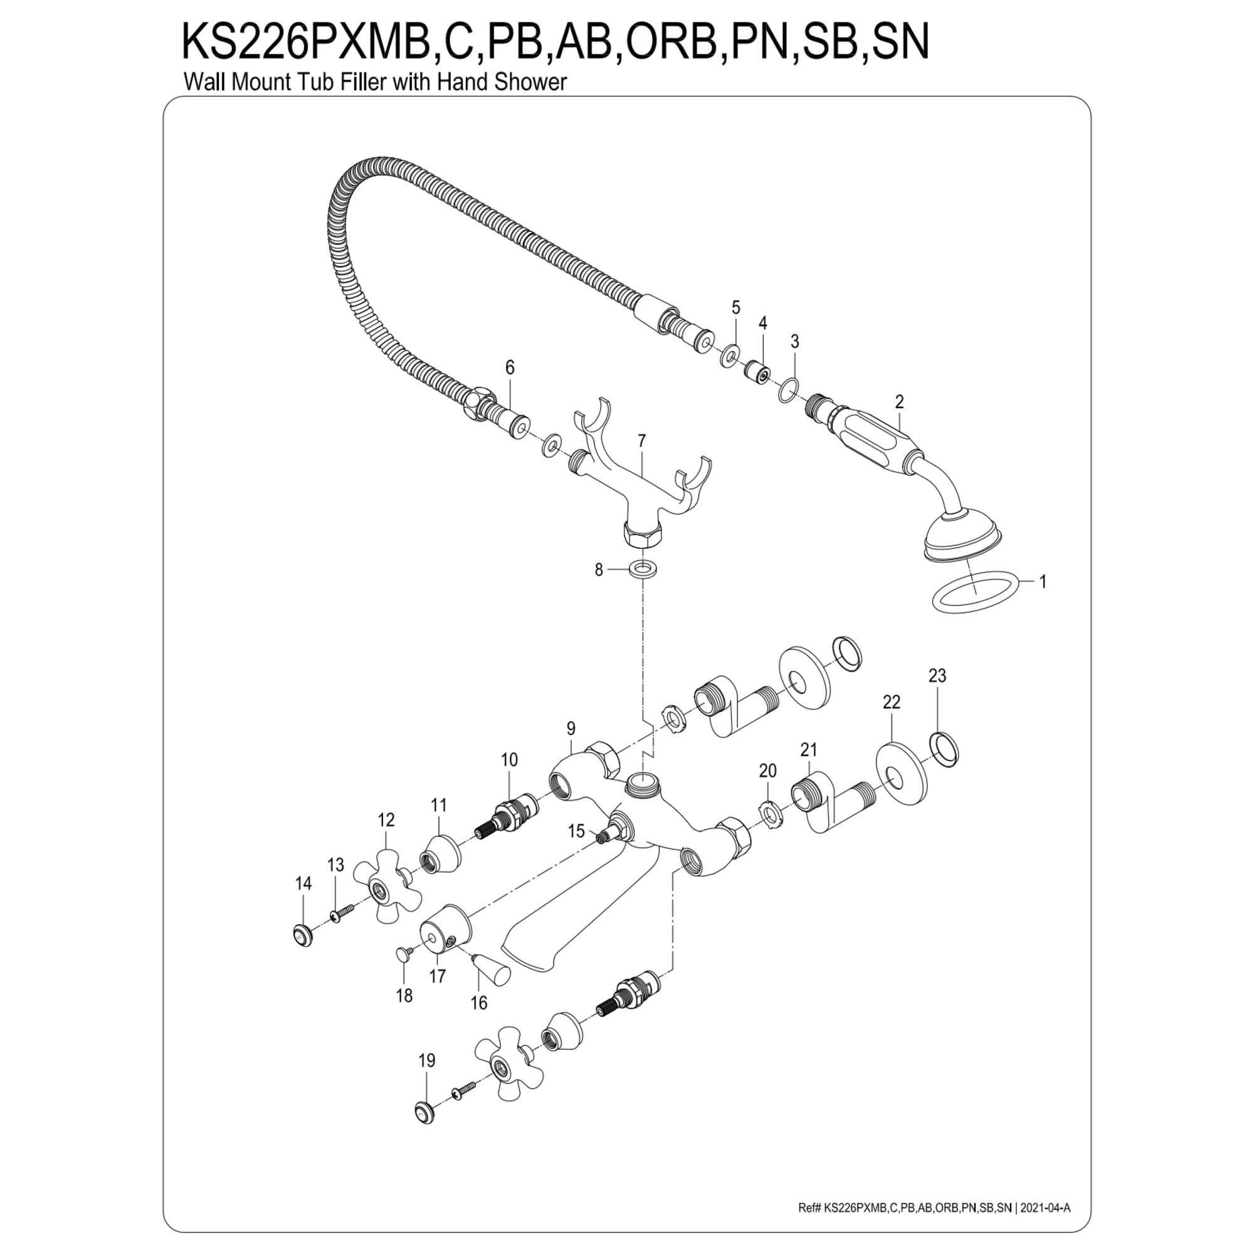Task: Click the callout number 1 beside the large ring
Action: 1043,582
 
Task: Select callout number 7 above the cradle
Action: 642,441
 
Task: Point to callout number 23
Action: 937,676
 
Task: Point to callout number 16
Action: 479,1003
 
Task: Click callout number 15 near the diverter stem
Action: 576,831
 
